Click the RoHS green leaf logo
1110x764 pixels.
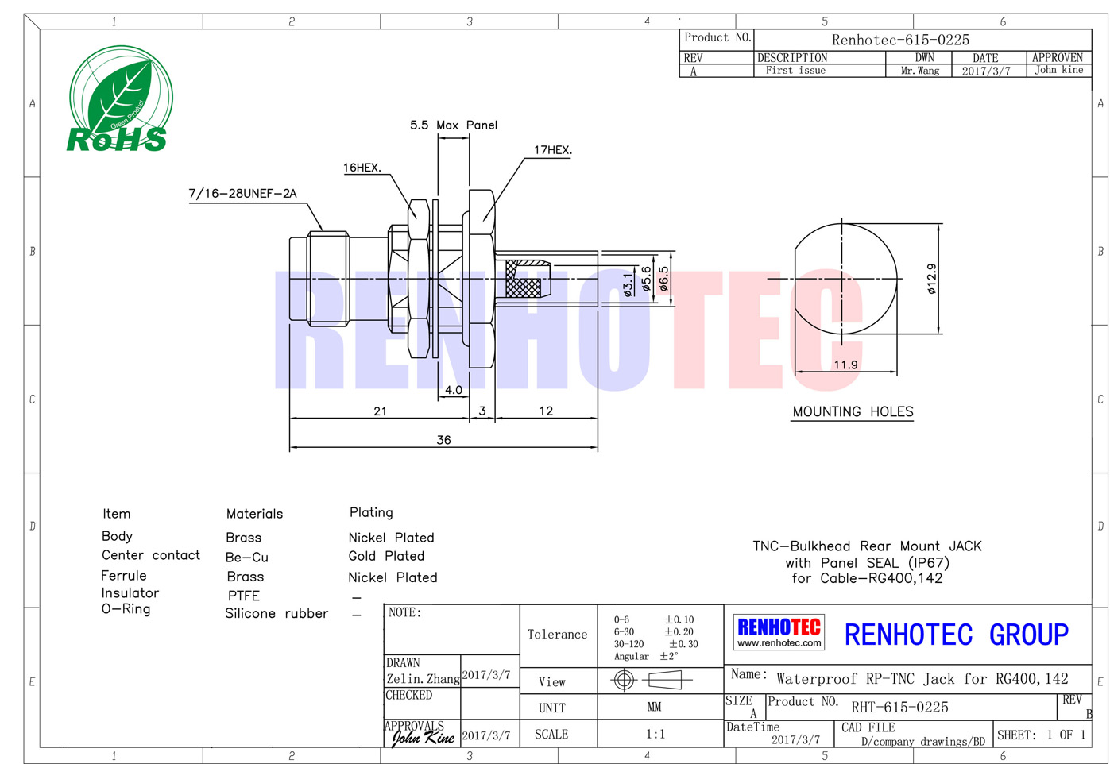[121, 99]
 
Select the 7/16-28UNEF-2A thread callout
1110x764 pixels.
[243, 193]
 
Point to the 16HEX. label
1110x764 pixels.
[362, 168]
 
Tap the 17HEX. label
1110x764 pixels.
[552, 149]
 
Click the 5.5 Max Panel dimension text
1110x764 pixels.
[454, 125]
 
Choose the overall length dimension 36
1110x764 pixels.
[443, 440]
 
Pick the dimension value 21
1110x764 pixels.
[380, 411]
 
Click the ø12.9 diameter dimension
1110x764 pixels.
[931, 279]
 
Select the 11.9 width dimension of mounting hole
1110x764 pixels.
[845, 365]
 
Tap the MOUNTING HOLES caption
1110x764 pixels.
[853, 411]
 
